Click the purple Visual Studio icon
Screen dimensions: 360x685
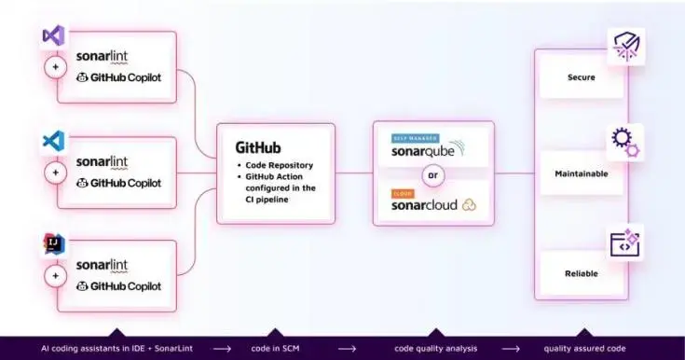pos(52,36)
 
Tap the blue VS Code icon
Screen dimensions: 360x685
pos(52,141)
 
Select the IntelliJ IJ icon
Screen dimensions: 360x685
pos(52,245)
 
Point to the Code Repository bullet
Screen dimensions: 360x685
pos(280,165)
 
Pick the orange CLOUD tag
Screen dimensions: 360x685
pos(403,193)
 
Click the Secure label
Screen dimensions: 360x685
pos(581,78)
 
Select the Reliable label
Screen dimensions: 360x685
pos(581,273)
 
